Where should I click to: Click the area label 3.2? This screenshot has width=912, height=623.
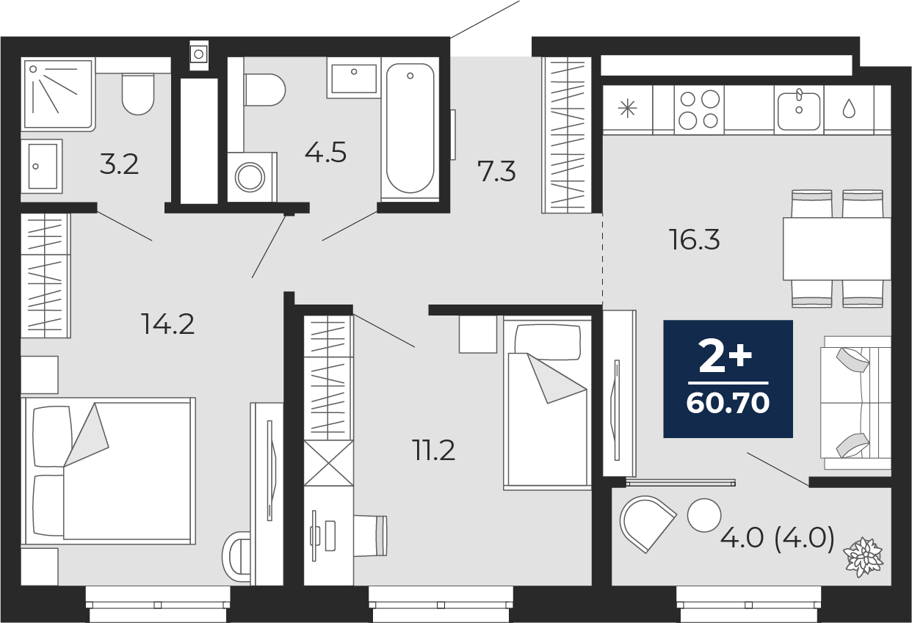tap(119, 164)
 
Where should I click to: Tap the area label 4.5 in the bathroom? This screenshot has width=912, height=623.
tap(325, 153)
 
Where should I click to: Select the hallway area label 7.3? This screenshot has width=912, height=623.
tap(496, 172)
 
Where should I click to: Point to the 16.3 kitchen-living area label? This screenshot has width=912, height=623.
tap(695, 239)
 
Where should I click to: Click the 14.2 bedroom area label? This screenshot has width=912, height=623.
tap(168, 324)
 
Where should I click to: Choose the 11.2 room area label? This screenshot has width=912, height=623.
tap(433, 451)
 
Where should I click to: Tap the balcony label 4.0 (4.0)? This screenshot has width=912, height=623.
tap(777, 539)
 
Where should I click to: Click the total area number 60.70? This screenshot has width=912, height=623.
tap(728, 403)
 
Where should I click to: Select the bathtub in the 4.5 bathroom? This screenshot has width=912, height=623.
tap(410, 128)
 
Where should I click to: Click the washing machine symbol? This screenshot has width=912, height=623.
tap(251, 177)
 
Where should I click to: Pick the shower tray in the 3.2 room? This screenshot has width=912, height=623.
tap(58, 94)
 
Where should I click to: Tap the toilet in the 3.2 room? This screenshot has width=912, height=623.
tap(138, 94)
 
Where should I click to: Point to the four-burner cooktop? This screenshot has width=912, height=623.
tap(699, 109)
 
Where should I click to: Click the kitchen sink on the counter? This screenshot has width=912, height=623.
tap(798, 110)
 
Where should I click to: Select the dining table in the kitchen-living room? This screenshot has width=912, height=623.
tap(836, 248)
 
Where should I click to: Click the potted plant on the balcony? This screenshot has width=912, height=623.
tap(864, 555)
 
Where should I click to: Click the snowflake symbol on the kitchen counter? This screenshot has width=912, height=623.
tap(627, 109)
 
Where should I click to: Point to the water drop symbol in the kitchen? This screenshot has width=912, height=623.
tap(849, 109)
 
